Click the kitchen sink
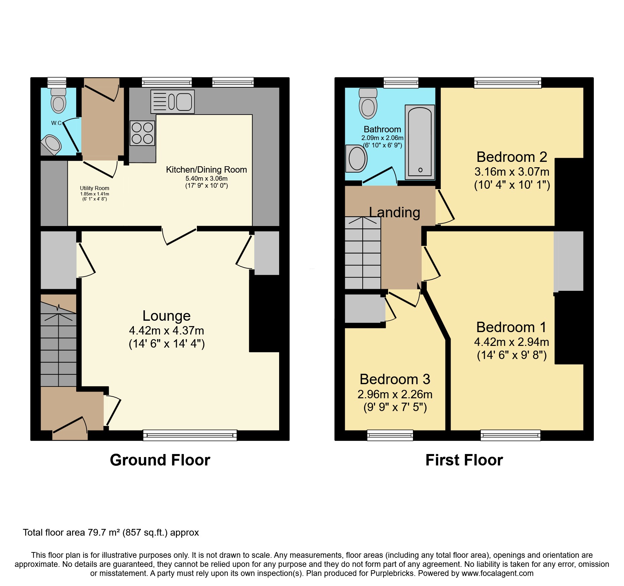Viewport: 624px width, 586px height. (172, 101)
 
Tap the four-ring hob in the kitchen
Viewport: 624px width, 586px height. (142, 133)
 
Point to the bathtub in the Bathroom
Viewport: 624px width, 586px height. (420, 142)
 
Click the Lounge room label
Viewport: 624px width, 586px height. (166, 316)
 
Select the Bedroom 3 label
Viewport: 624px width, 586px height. (395, 379)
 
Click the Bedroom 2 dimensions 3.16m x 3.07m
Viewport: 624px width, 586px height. (512, 172)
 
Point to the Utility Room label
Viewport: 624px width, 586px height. (94, 188)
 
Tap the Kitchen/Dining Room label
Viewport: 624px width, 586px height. (206, 170)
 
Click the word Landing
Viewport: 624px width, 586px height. (395, 212)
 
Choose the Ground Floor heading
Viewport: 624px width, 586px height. (160, 460)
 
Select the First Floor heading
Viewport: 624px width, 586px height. (464, 460)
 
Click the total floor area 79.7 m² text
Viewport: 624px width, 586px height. (111, 533)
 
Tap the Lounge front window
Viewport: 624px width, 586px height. (190, 435)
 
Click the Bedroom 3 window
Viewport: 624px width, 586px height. (390, 435)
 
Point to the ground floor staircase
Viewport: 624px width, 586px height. (59, 346)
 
